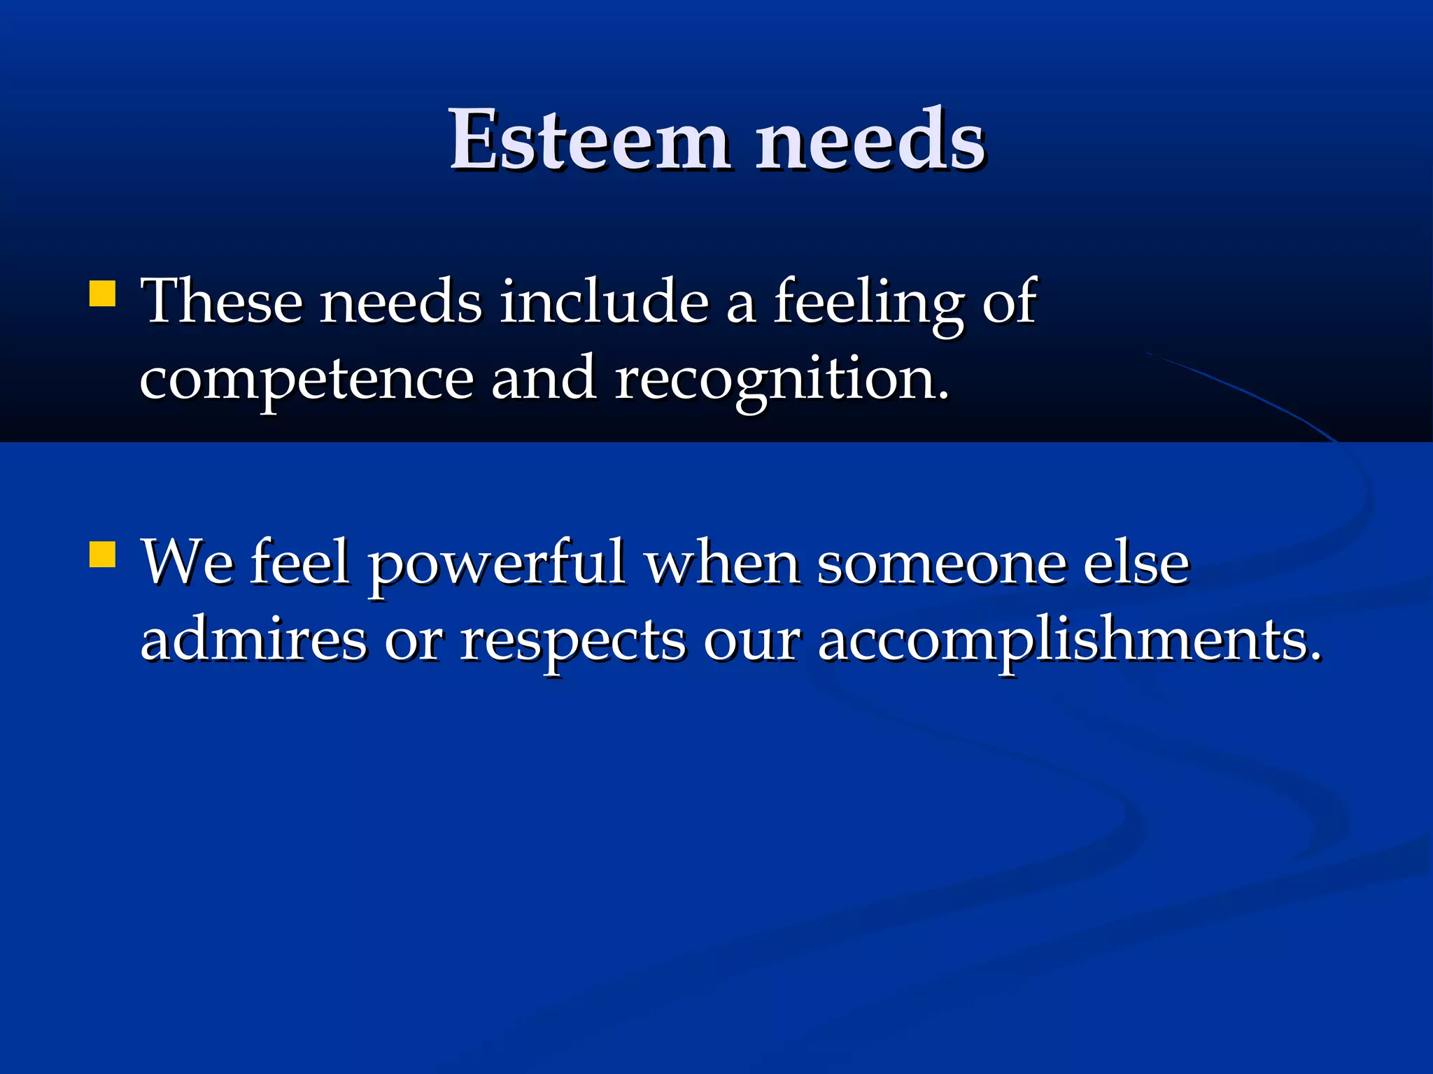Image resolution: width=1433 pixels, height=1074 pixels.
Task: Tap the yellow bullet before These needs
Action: (102, 294)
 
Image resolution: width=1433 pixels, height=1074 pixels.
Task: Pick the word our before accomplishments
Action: (751, 641)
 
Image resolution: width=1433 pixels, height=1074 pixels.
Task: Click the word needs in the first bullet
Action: (400, 301)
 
